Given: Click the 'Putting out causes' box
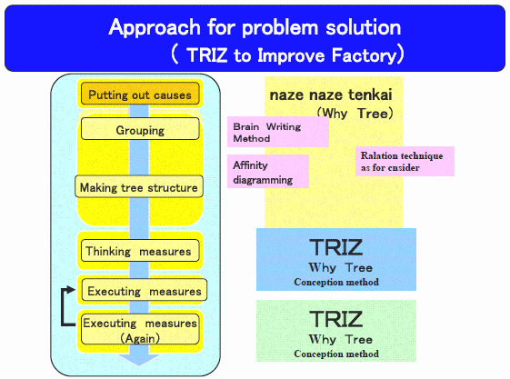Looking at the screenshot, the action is pos(140,94).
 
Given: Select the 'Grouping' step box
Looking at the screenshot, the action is pos(140,129).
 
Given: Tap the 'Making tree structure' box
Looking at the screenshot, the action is pos(139,186).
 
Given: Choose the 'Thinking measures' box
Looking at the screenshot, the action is pos(140,250).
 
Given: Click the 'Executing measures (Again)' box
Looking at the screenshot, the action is pos(140,329).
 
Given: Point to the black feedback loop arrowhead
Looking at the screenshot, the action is pos(71,289).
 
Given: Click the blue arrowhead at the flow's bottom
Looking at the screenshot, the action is pos(139,360).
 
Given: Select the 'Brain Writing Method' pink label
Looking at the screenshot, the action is pos(278,132).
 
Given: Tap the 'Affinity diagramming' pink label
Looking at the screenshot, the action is pos(268,171).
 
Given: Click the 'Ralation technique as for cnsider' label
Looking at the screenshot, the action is pos(405,162).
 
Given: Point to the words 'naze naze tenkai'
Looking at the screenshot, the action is pos(331,95).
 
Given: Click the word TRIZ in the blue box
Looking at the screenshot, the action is pos(336,247).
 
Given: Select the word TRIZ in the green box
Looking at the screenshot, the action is pos(336,319).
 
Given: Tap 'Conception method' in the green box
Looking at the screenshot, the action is pos(336,354).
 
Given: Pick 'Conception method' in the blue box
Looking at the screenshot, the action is pos(336,282).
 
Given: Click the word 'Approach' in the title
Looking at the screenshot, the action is pos(155,27).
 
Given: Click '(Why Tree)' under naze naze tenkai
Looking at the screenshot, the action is pos(355,114).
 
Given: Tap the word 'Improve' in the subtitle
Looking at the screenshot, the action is pos(291,55).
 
